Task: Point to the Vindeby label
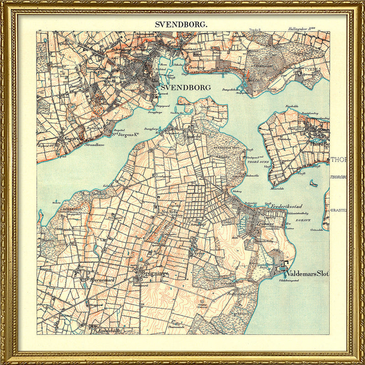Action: click(192, 136)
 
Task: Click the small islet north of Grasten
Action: click(313, 184)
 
